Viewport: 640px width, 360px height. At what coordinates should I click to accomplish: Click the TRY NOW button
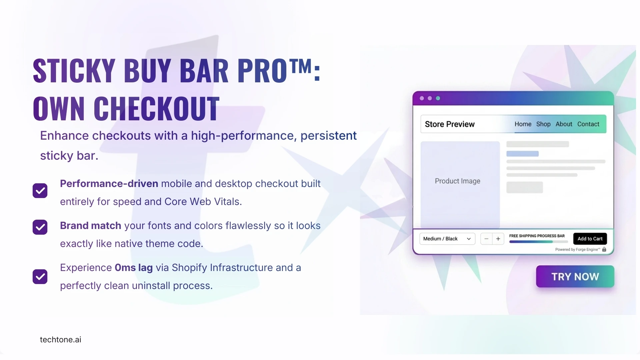[575, 276]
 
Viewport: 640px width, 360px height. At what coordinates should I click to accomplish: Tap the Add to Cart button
[590, 239]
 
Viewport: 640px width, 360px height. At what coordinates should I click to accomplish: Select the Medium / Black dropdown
[447, 239]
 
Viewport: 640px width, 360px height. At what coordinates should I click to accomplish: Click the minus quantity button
[486, 239]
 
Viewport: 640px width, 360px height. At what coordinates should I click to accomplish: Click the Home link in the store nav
[523, 124]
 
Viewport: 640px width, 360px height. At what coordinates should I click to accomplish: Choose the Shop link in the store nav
[543, 124]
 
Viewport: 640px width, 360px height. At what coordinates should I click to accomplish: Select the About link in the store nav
[564, 124]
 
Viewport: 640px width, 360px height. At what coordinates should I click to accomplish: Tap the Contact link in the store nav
[588, 124]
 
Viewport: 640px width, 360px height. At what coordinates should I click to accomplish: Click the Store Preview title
[450, 124]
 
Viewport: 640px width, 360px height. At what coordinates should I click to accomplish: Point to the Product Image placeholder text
[458, 181]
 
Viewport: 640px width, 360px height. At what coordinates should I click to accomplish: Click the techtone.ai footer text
[61, 340]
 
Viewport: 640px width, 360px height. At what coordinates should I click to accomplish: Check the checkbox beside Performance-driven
[40, 191]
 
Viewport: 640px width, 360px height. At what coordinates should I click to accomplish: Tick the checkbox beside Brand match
[40, 227]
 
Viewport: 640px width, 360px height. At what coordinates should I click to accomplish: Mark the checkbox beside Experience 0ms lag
[40, 277]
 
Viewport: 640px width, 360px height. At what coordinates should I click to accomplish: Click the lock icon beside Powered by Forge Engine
[604, 249]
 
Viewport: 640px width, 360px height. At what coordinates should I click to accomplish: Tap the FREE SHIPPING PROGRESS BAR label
[537, 236]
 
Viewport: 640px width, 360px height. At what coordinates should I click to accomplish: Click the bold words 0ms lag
[134, 268]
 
